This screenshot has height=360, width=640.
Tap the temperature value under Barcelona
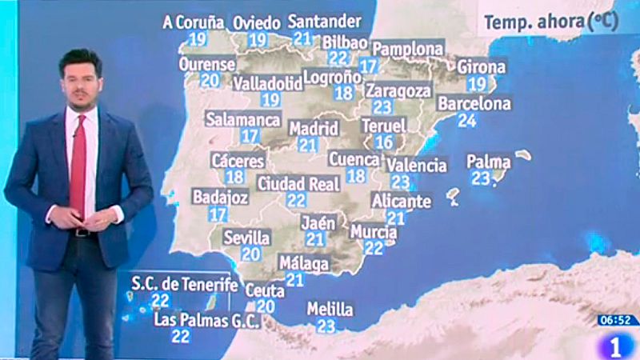(466, 121)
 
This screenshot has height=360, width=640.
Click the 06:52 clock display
(617, 320)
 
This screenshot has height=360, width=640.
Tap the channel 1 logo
(617, 346)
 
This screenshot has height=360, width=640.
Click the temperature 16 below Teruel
(384, 142)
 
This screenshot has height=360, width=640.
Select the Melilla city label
(330, 310)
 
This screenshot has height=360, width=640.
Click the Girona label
(481, 67)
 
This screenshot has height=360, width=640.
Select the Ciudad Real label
(298, 184)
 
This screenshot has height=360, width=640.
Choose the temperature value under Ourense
(210, 80)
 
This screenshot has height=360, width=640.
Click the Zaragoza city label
(398, 90)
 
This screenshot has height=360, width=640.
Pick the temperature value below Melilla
(326, 326)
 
